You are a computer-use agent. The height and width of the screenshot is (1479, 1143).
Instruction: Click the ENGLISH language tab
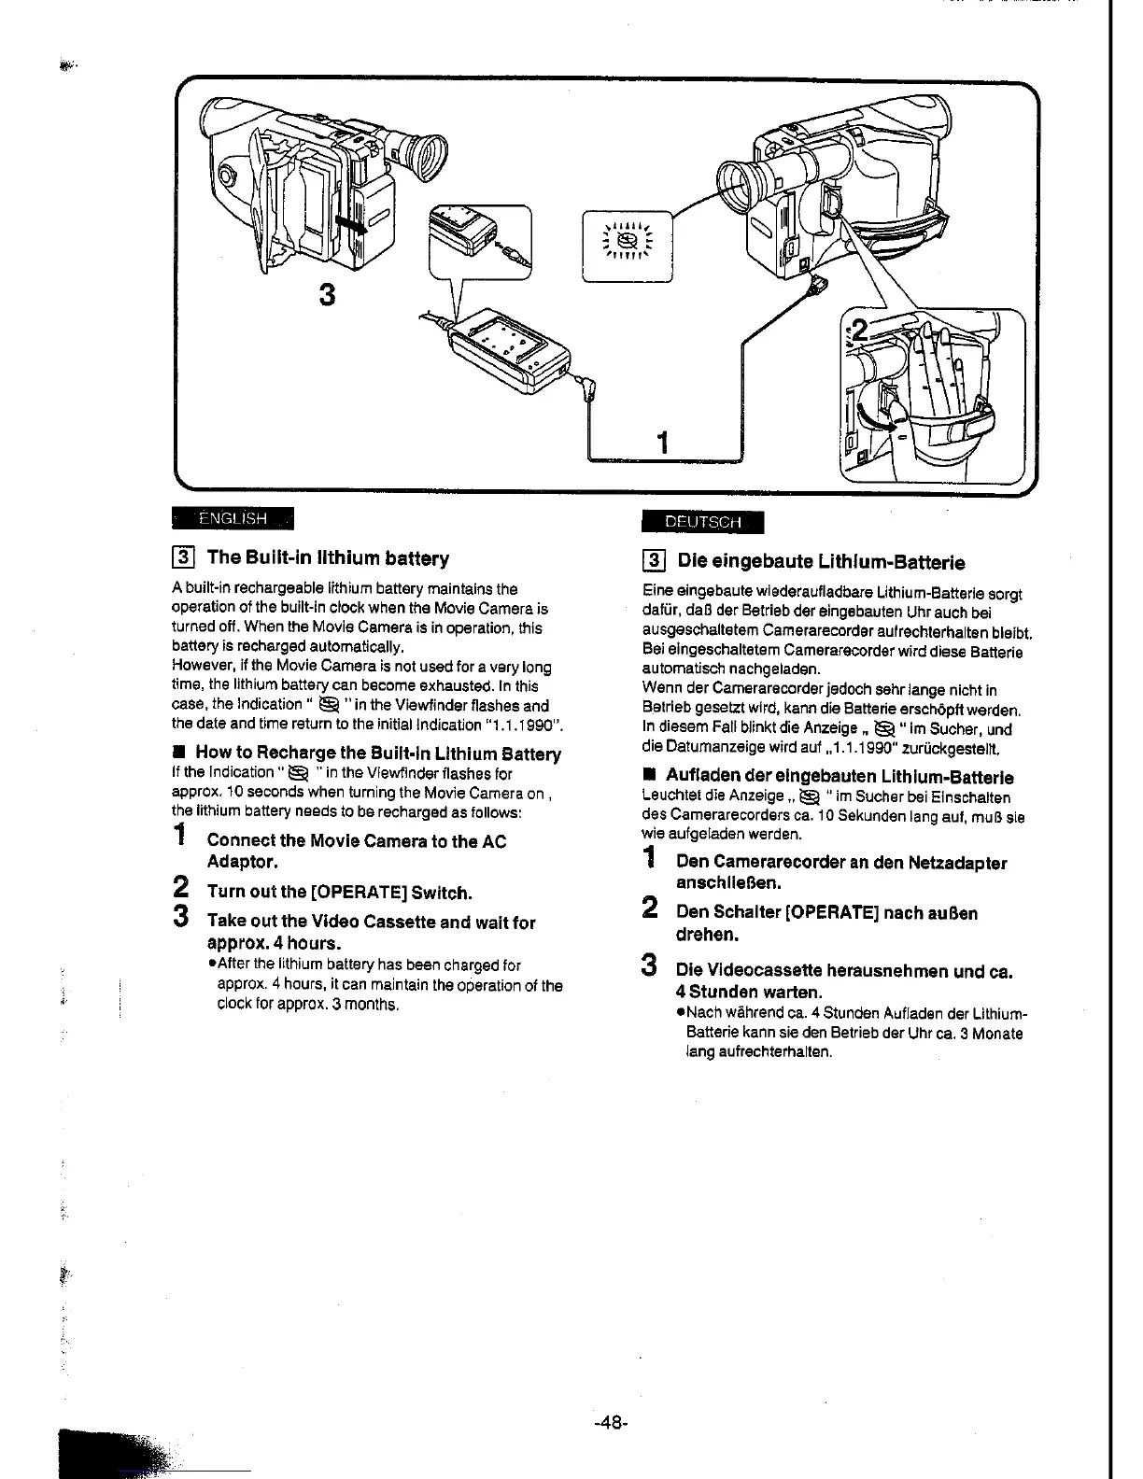[233, 518]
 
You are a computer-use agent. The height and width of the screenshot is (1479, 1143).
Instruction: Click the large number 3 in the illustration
[326, 294]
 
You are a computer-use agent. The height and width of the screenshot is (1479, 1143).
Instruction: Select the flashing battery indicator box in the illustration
[628, 246]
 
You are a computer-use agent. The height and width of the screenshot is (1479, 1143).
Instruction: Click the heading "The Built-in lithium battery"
[328, 558]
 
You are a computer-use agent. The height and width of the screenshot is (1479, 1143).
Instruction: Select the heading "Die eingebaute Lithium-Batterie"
[821, 562]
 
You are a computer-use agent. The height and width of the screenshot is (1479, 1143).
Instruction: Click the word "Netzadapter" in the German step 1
[957, 863]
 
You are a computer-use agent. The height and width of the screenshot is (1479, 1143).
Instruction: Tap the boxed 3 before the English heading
[184, 558]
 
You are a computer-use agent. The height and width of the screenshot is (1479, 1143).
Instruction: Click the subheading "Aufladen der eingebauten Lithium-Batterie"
[840, 777]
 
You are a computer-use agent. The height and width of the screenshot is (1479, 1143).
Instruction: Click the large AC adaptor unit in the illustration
[509, 353]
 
